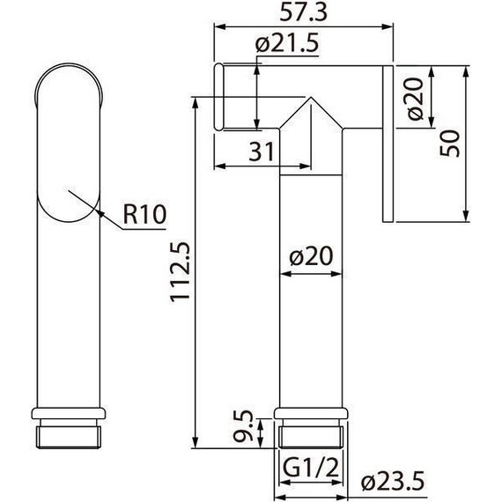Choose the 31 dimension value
pos(261,151)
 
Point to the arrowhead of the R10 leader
pos(99,211)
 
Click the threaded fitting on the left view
pos(70,434)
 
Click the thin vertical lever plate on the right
pos(387,145)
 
